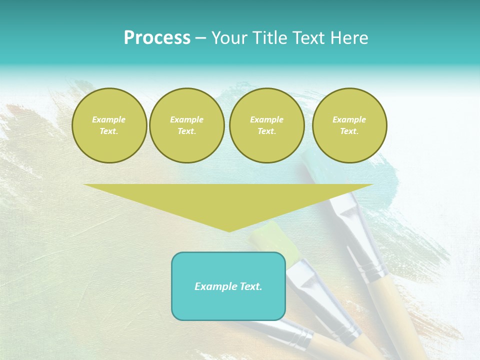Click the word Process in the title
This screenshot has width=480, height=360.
[x=157, y=38]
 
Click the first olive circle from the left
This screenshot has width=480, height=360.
[x=109, y=125]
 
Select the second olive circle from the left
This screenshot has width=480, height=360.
[x=187, y=125]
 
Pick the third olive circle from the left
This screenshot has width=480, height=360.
[x=267, y=125]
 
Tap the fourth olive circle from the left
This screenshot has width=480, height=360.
[x=349, y=125]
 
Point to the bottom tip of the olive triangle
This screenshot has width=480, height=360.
[x=229, y=231]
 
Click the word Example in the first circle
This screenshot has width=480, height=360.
[x=109, y=119]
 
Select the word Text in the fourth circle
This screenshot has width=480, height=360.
[x=349, y=131]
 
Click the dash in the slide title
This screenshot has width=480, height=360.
[x=201, y=38]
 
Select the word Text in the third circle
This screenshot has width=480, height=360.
[x=266, y=131]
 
